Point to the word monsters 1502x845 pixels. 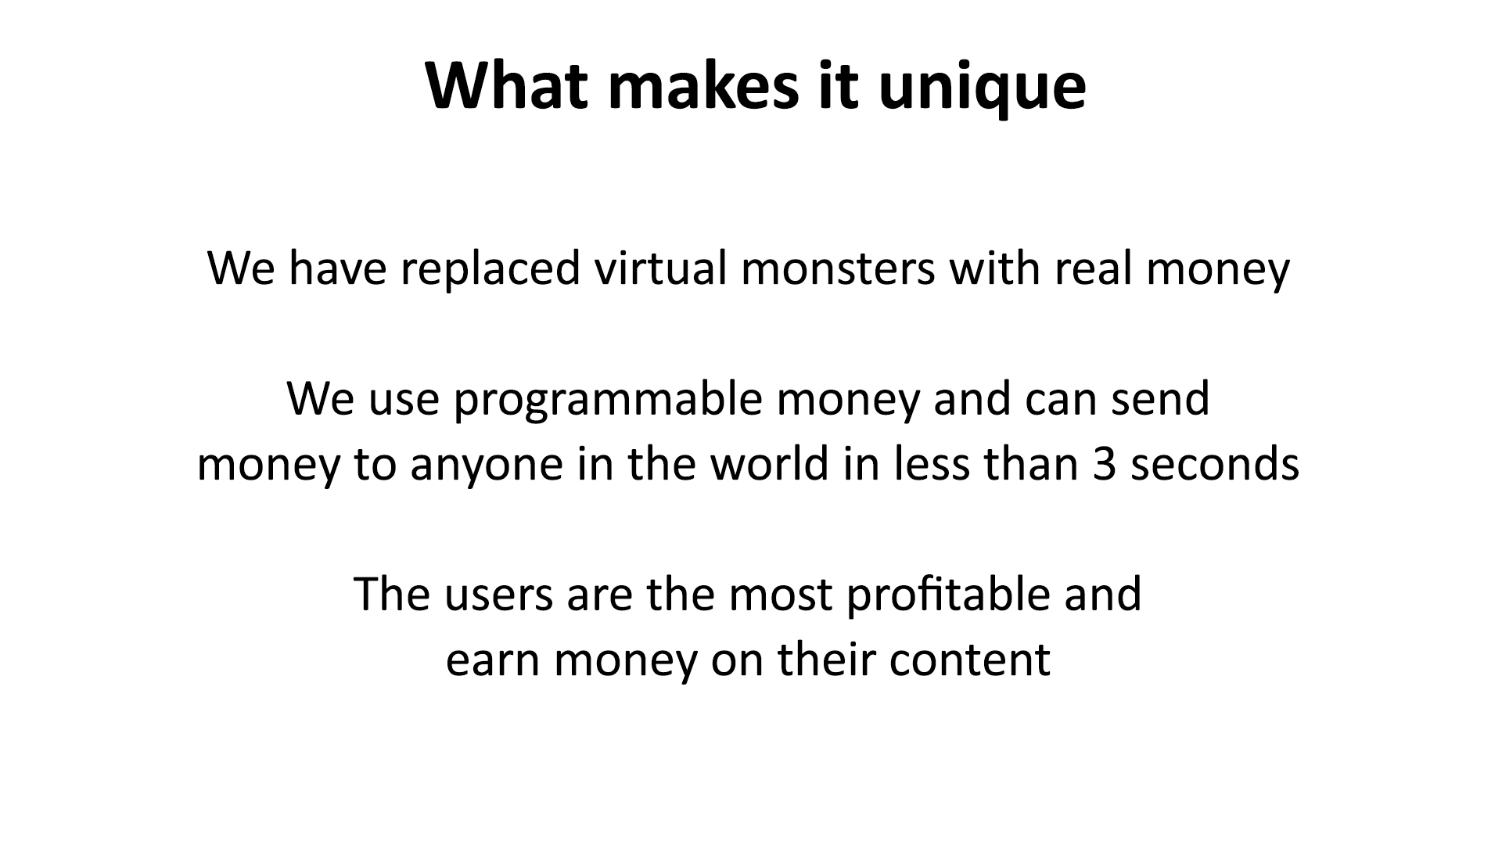837,268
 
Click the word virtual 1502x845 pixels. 660,268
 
